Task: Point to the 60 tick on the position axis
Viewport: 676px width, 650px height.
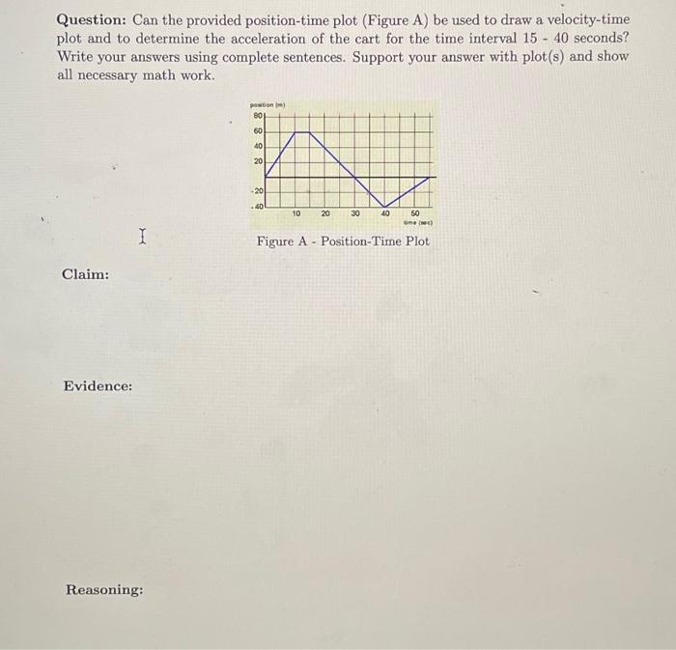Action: tap(258, 131)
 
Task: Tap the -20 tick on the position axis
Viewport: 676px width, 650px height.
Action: tap(257, 192)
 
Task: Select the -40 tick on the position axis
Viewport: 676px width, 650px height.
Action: tap(257, 206)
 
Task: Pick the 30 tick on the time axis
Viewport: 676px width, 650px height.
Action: tap(355, 213)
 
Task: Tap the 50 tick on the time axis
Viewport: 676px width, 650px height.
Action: tap(414, 213)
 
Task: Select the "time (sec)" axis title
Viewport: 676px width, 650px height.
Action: tap(417, 223)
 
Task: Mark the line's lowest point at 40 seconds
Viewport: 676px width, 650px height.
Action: tap(384, 207)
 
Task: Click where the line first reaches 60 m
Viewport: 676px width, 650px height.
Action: tap(294, 132)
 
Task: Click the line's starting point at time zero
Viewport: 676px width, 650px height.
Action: tap(266, 178)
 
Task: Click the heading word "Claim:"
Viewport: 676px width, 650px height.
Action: tap(85, 274)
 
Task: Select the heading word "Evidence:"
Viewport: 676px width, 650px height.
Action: tap(98, 386)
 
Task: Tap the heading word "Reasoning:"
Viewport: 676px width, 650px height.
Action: tap(104, 589)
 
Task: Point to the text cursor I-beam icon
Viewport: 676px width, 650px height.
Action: tap(142, 235)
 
